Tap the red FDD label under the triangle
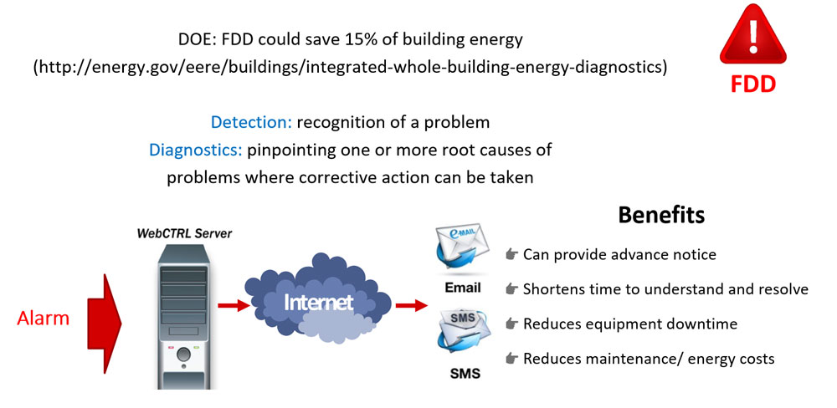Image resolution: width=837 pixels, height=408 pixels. [x=752, y=84]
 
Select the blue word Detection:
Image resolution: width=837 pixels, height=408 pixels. [x=251, y=123]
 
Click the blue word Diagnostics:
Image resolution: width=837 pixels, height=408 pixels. [x=196, y=150]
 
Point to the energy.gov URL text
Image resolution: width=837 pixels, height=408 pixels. [x=350, y=69]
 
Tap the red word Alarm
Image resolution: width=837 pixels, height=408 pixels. [x=44, y=319]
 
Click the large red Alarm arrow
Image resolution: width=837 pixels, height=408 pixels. [x=105, y=324]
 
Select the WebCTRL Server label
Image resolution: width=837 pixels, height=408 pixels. [x=185, y=233]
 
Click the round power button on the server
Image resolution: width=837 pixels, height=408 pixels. [x=184, y=354]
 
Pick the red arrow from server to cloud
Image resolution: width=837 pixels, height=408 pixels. [x=234, y=306]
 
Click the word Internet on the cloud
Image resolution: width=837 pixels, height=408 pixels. [x=319, y=303]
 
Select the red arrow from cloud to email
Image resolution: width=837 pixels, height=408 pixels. [x=412, y=306]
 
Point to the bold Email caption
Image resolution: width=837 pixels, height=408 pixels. [x=463, y=288]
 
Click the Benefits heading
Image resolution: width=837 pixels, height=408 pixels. [x=661, y=215]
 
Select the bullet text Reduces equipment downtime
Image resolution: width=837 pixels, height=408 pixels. [x=630, y=324]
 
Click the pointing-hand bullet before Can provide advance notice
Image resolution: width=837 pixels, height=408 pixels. [x=512, y=254]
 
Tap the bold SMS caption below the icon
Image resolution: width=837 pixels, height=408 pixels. [x=464, y=374]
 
